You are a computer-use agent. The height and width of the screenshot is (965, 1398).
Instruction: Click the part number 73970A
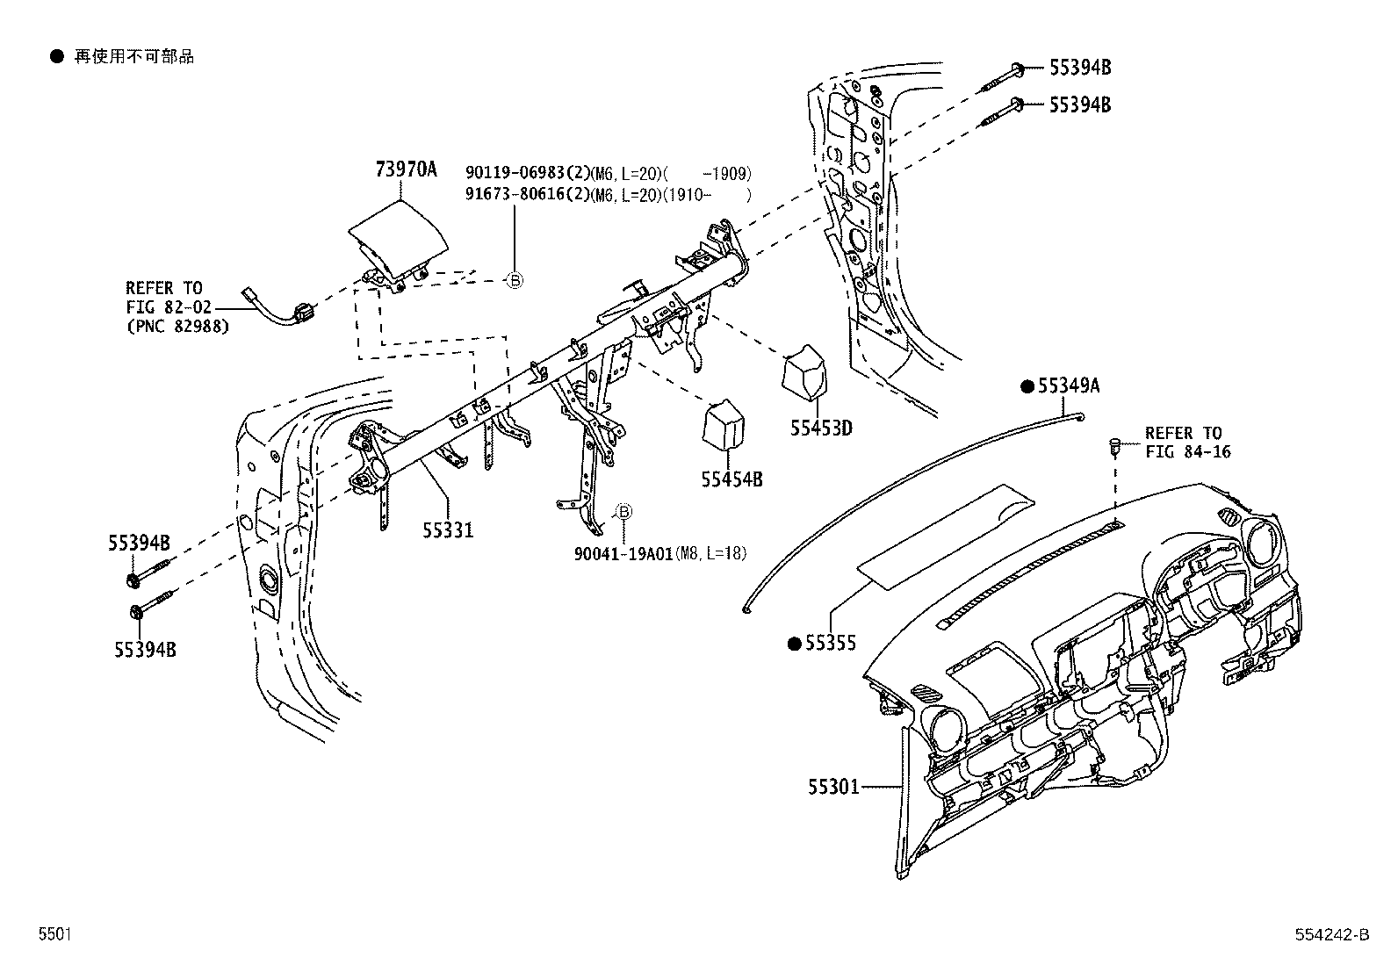[407, 169]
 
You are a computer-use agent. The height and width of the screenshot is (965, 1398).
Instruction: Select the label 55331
[448, 530]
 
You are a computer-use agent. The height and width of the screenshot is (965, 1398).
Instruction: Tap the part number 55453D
[821, 428]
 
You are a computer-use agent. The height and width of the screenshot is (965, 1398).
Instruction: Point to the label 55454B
[732, 479]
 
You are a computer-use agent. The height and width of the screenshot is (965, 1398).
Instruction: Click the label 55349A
[1069, 386]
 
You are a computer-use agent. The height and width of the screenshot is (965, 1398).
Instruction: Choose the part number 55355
[831, 643]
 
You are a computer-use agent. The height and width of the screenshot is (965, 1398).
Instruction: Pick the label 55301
[834, 787]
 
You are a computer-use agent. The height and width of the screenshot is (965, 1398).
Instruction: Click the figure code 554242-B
[1332, 934]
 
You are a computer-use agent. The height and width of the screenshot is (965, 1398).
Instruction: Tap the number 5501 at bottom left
[55, 934]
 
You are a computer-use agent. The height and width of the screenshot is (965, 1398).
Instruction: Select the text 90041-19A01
[623, 554]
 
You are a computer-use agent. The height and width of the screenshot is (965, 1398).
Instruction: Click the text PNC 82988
[178, 326]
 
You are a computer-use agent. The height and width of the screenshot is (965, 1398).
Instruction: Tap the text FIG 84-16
[1187, 451]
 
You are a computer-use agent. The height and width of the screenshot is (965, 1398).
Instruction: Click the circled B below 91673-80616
[515, 281]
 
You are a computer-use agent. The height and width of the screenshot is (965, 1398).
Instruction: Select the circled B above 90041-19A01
[623, 512]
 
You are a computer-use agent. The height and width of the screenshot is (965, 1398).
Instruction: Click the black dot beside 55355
[795, 644]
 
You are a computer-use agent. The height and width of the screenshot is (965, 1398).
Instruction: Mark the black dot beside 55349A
[1027, 386]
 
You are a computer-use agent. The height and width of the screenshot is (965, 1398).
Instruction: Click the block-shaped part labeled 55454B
[724, 424]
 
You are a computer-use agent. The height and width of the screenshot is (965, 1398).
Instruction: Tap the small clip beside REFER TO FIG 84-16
[1114, 447]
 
